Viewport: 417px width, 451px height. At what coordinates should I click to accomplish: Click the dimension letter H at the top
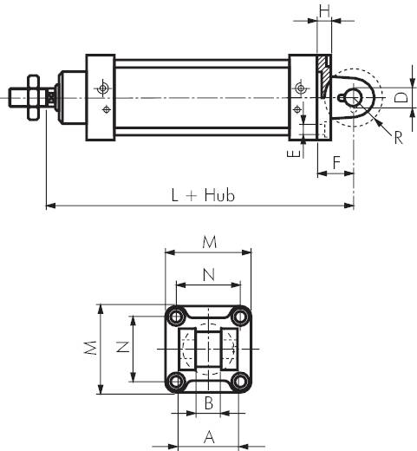pyautogui.click(x=324, y=11)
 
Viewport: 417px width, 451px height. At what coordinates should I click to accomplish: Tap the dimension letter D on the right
pyautogui.click(x=401, y=98)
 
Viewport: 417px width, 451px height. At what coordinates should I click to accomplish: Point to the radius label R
pyautogui.click(x=398, y=138)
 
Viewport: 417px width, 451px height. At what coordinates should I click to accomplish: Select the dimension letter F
pyautogui.click(x=336, y=162)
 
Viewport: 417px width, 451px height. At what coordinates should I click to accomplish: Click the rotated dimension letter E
pyautogui.click(x=294, y=154)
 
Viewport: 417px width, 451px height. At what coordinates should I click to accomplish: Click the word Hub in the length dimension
pyautogui.click(x=219, y=195)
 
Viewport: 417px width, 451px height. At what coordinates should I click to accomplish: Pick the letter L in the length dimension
pyautogui.click(x=174, y=195)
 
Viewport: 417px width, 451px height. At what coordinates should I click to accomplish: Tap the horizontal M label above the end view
pyautogui.click(x=209, y=242)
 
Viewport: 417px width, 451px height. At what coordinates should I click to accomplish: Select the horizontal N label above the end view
pyautogui.click(x=209, y=275)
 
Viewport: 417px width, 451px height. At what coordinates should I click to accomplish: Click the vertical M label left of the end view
pyautogui.click(x=91, y=348)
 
